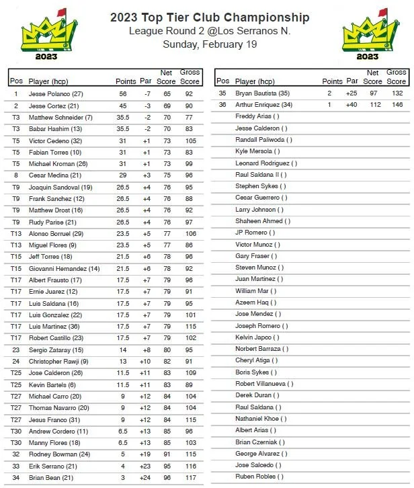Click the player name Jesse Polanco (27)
[56, 94]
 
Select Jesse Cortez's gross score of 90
[190, 106]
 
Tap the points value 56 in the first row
[123, 94]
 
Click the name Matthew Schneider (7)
[60, 117]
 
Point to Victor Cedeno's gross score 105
[190, 140]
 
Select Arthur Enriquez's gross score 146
[397, 105]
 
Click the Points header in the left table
[126, 81]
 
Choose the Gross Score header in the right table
[397, 77]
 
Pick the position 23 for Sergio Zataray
[15, 350]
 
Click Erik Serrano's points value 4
[123, 466]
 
